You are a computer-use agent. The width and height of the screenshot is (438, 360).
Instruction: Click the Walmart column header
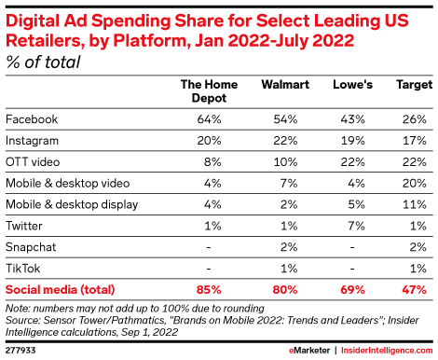point(285,84)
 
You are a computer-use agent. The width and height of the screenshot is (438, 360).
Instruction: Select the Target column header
point(415,85)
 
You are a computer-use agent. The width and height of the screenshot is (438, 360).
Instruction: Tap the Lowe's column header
point(352,84)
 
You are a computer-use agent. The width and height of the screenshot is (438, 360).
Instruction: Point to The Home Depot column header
point(209,91)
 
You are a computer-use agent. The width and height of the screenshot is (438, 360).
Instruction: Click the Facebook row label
point(32,119)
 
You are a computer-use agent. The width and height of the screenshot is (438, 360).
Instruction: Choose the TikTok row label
point(23,269)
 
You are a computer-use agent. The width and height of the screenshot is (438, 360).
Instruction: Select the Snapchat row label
point(31,247)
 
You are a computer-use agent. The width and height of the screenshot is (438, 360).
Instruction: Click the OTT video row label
point(33,161)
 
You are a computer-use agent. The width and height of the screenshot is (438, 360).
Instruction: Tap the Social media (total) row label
point(61,290)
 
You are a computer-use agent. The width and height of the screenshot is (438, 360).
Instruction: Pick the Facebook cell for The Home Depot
point(209,119)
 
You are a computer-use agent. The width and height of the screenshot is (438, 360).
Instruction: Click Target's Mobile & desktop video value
point(414,183)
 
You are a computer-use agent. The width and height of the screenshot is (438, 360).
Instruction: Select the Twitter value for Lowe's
point(356,226)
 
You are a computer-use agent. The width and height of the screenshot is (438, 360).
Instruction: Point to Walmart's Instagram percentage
point(285,141)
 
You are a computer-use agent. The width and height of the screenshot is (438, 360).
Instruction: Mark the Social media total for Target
point(414,290)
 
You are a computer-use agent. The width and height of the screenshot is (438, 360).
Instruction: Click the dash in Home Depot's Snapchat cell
point(209,247)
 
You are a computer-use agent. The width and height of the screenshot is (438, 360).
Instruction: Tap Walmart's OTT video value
point(285,161)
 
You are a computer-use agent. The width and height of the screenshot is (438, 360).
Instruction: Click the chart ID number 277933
point(21,351)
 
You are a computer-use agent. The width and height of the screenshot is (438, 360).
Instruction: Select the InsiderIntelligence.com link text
point(387,351)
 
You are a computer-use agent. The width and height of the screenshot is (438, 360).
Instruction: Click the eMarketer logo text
point(309,351)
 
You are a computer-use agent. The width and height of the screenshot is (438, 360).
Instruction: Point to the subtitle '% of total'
point(43,62)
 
